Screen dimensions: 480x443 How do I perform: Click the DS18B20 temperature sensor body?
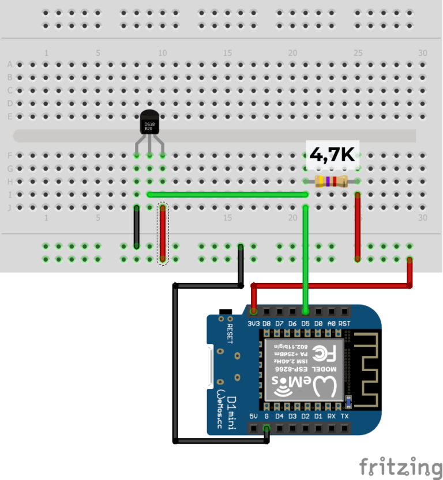tap(149, 124)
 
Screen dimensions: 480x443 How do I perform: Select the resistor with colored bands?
tap(331, 182)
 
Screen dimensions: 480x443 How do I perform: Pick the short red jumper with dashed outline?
tap(163, 233)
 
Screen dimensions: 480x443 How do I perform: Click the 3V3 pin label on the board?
tap(253, 324)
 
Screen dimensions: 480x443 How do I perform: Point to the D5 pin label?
tap(305, 324)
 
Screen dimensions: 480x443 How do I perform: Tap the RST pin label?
tap(344, 324)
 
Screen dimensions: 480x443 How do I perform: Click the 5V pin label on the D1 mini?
tap(253, 416)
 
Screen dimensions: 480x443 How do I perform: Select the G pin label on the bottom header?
tap(266, 416)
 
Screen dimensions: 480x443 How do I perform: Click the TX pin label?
tap(344, 416)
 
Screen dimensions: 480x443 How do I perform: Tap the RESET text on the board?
tap(230, 333)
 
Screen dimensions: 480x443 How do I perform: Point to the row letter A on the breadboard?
tap(9, 64)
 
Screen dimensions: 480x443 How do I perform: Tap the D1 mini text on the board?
tap(231, 406)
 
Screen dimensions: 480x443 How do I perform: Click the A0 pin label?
tap(331, 324)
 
